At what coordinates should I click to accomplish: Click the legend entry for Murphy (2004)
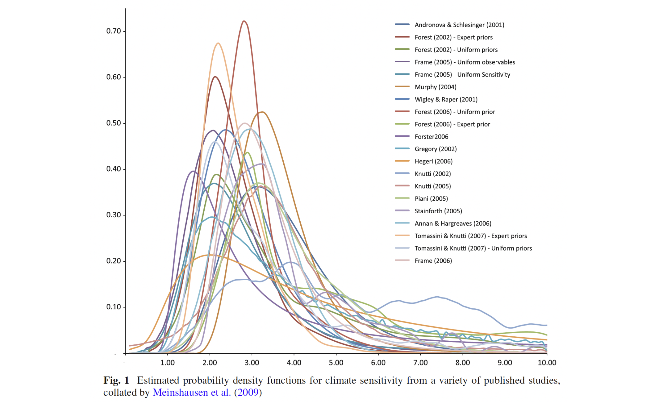point(435,87)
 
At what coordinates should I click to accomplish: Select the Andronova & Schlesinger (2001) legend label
point(459,25)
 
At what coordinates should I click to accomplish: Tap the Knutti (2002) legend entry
point(433,174)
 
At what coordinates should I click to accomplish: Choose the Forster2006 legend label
point(431,137)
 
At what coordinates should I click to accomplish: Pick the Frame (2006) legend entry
point(433,261)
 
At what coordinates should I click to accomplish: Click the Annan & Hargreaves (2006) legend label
point(453,223)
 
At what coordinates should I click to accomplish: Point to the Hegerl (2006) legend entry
point(433,161)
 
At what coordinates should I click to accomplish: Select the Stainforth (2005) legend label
point(438,211)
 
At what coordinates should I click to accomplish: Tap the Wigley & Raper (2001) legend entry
point(446,99)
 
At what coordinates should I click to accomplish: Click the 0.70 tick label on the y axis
point(114,31)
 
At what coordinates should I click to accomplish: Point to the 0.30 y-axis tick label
point(114,215)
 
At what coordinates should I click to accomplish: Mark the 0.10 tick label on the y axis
point(114,307)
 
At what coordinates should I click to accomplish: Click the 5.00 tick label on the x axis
point(336,363)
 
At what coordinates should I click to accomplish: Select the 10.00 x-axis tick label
point(547,363)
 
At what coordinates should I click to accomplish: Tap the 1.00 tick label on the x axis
point(167,363)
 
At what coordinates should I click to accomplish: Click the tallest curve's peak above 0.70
point(244,21)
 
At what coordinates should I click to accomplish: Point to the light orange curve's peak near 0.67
point(218,43)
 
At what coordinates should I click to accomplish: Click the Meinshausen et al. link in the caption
point(192,393)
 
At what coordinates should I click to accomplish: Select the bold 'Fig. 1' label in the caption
point(116,381)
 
